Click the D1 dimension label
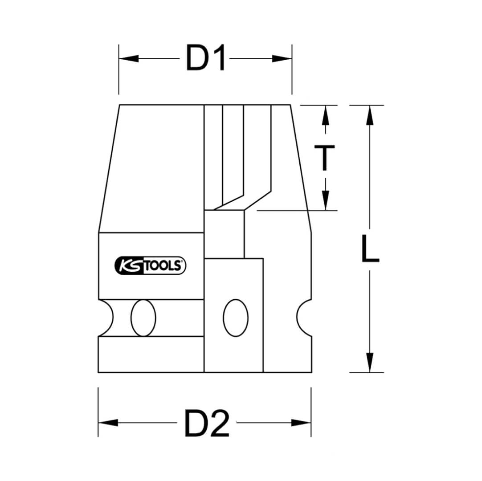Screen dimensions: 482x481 [x=205, y=58]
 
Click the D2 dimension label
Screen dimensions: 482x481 [x=207, y=424]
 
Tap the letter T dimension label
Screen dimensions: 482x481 [x=324, y=158]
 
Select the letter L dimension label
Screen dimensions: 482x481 [x=370, y=249]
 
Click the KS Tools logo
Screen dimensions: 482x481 [x=150, y=265]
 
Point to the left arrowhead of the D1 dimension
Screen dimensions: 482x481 [x=129, y=58]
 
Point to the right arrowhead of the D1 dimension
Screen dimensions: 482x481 [x=282, y=58]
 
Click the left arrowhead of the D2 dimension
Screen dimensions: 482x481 [x=108, y=423]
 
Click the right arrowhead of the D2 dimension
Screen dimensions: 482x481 [x=301, y=423]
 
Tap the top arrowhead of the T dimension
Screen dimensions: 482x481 [x=326, y=115]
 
